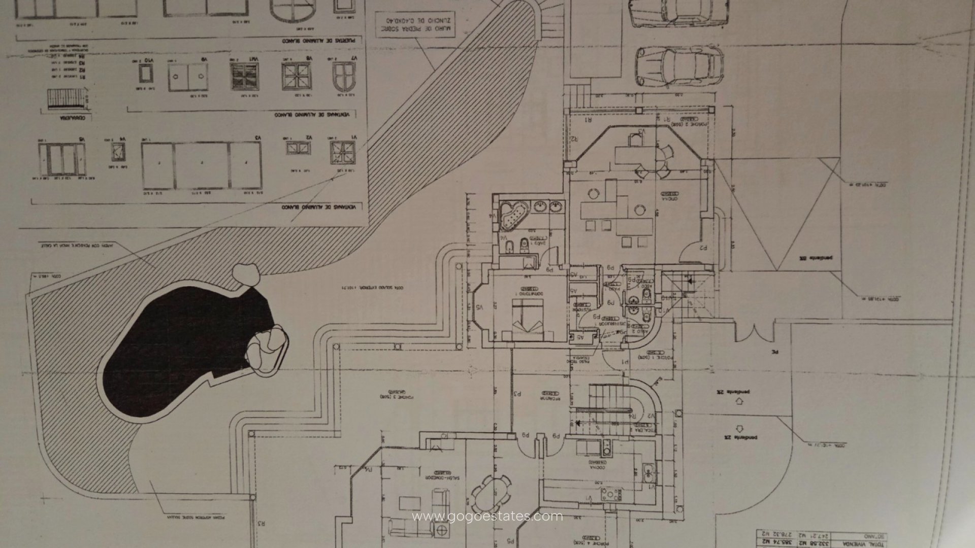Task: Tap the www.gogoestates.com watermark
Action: (487, 517)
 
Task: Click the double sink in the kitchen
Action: (646, 474)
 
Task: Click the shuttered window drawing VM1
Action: (241, 77)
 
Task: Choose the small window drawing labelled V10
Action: (146, 75)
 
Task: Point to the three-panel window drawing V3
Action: (201, 165)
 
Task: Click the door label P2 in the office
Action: (703, 248)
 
